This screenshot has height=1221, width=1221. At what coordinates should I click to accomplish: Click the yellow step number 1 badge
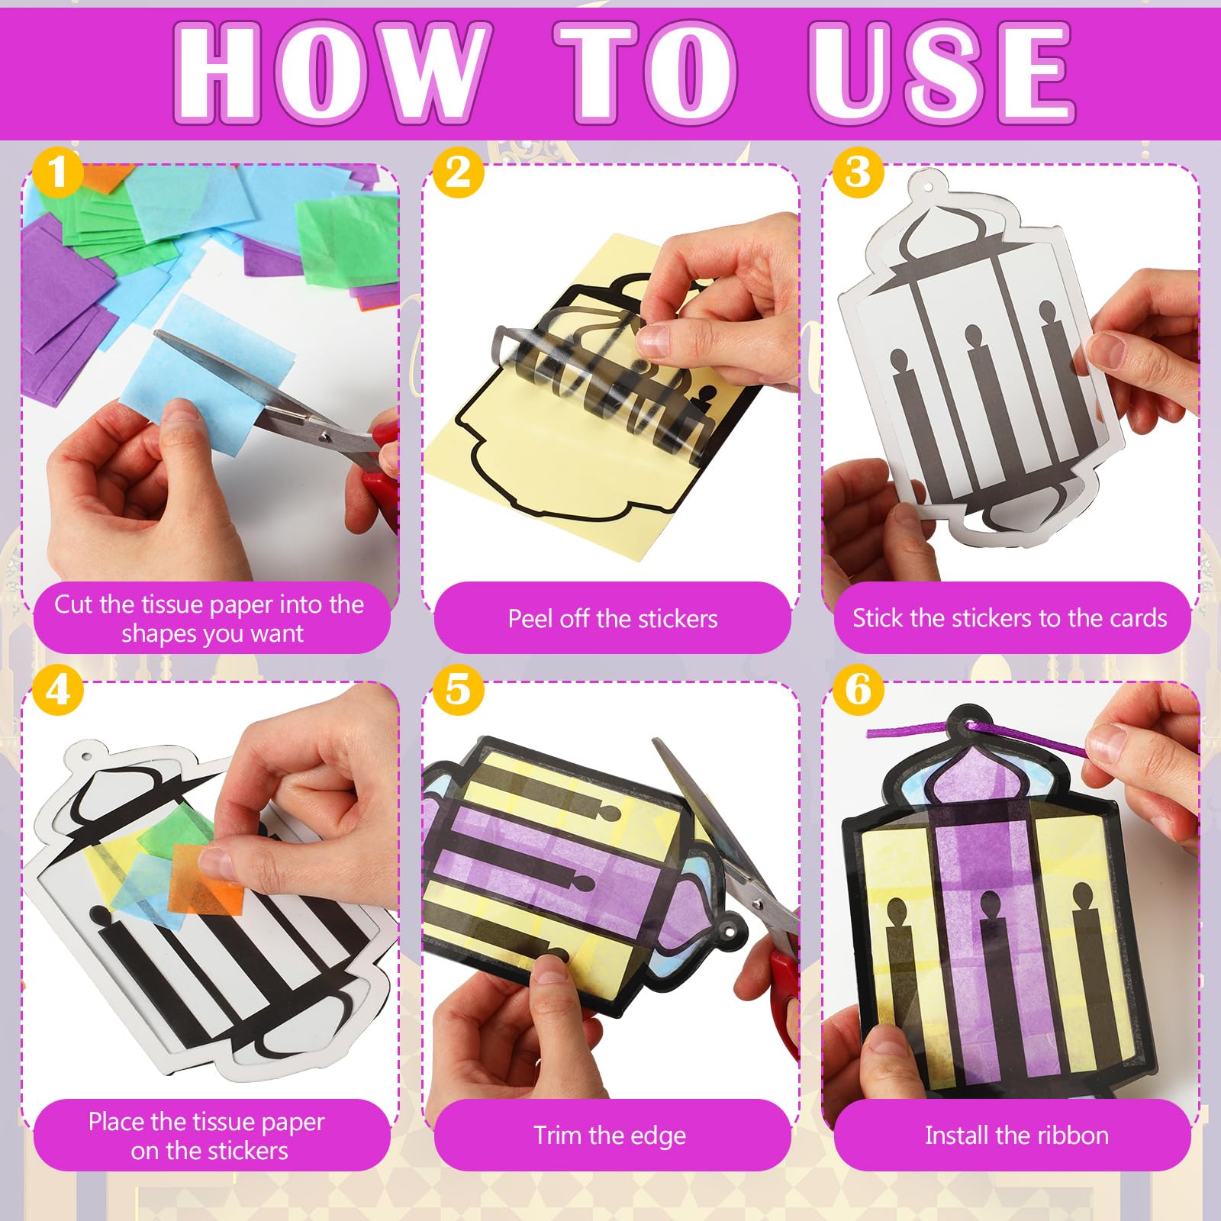pos(57,172)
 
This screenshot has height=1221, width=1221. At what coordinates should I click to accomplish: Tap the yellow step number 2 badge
pos(458,172)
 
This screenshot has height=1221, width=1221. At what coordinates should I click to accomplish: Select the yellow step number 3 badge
pos(858,172)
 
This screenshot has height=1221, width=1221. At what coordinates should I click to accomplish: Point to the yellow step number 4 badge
pos(57,690)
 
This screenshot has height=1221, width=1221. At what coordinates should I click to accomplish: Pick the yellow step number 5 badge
pos(458,690)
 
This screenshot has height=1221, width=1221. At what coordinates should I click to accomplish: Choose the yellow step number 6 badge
pos(858,690)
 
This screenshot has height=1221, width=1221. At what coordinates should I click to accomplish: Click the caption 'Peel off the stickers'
pos(613,618)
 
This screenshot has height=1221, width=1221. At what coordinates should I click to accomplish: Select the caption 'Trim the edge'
pos(610,1136)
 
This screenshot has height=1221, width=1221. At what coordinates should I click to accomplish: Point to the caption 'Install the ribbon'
pos(1016,1136)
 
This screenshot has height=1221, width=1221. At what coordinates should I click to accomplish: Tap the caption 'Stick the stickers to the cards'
pos(1010,618)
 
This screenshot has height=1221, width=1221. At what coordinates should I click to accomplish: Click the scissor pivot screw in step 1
pos(325,437)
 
